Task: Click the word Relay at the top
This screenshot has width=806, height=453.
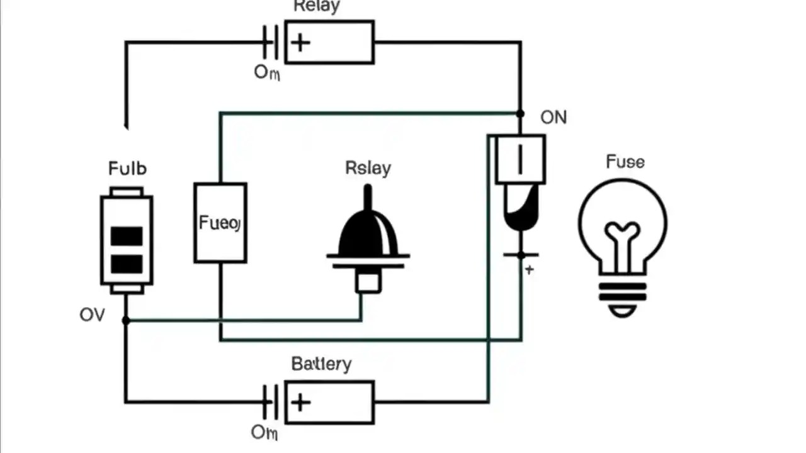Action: point(317,6)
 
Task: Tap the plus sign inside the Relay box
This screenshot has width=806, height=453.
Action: point(301,42)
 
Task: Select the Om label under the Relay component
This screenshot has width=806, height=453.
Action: point(267,72)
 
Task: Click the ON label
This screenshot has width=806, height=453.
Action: point(553,118)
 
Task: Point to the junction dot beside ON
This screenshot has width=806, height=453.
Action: point(520,114)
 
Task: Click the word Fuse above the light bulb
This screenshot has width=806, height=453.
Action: point(625,162)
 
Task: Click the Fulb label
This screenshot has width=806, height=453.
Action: point(127,169)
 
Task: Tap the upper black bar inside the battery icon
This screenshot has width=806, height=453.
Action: point(127,236)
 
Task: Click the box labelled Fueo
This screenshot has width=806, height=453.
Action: point(220,223)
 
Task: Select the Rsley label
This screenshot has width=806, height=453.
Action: point(368,168)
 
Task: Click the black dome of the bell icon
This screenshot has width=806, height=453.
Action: point(368,233)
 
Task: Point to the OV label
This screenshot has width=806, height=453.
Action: point(92,315)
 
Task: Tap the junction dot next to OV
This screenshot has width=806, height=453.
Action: point(126,320)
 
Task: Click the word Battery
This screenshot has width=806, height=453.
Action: point(321,364)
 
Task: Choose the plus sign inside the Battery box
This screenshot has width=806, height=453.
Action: point(301,402)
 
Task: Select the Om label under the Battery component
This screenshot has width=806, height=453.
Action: point(264,432)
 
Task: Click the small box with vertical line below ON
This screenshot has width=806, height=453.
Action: point(520,160)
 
